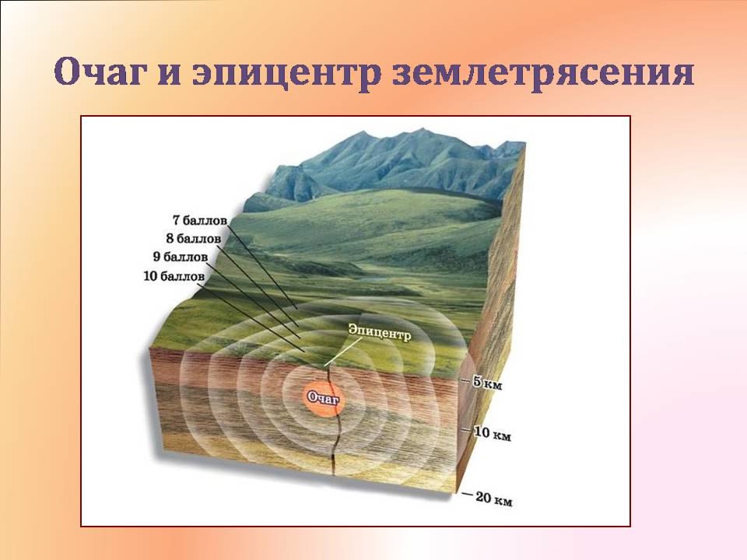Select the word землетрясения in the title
(x=543, y=73)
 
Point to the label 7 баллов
(x=200, y=220)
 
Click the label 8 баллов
(x=192, y=239)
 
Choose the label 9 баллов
(x=180, y=257)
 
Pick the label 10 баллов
(x=174, y=276)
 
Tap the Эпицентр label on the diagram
(x=379, y=332)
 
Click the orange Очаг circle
(x=324, y=398)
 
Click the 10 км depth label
(x=492, y=434)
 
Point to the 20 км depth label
(x=494, y=499)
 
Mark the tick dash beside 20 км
(x=467, y=495)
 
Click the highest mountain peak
(x=422, y=129)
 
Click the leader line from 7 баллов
(x=262, y=266)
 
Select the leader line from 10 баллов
(x=255, y=317)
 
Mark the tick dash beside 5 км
(x=465, y=381)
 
